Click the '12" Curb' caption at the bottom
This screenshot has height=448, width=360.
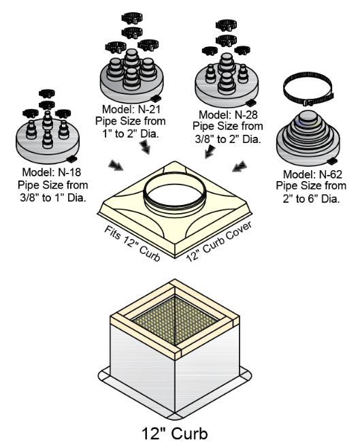tap(179, 432)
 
